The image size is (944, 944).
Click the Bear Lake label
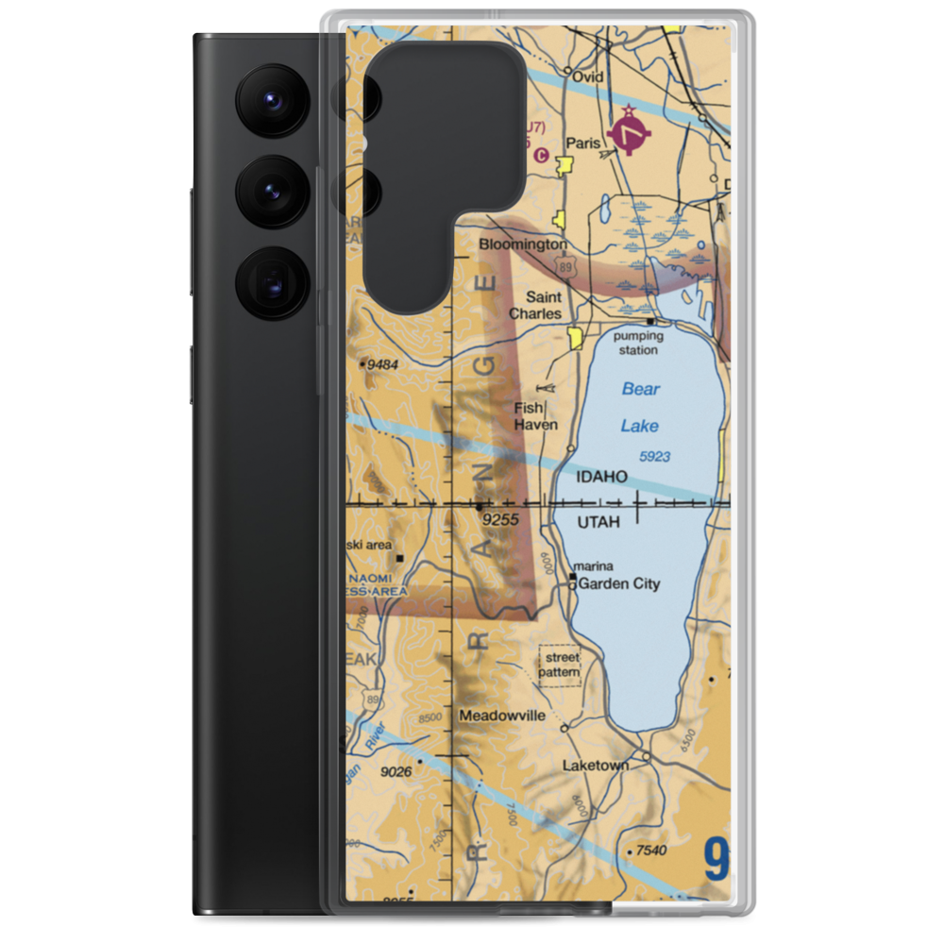pos(640,407)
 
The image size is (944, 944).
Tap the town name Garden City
pos(618,584)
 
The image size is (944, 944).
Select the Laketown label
pos(595,766)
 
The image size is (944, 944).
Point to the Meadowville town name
pos(502,716)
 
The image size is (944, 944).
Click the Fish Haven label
pos(534,416)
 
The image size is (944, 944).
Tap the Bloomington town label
pos(523,244)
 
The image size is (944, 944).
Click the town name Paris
pos(583,143)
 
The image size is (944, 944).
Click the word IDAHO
pos(601,477)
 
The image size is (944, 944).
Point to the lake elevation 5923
pos(654,457)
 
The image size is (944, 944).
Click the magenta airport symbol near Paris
pos(630,134)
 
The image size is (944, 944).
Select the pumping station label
pos(637,343)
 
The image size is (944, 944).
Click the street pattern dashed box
pos(560,665)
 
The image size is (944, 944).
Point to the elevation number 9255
pos(500,519)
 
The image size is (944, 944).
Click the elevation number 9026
pos(396,772)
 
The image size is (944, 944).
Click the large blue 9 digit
pos(716,859)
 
